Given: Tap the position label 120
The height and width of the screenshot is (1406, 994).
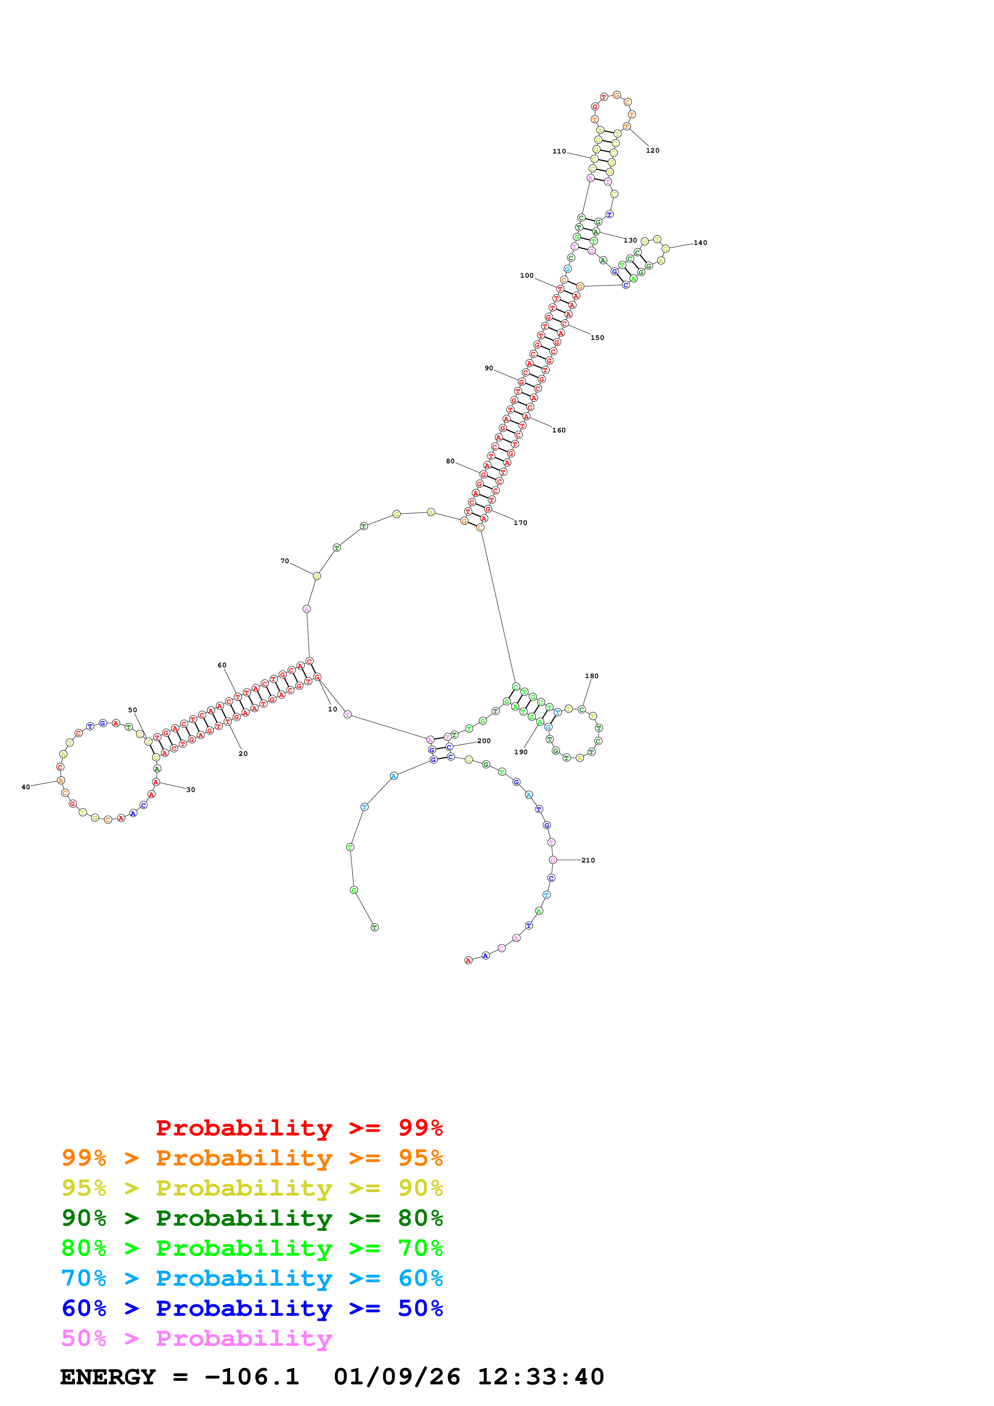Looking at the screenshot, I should (x=652, y=151).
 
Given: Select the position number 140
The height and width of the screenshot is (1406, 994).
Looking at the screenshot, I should (x=700, y=243).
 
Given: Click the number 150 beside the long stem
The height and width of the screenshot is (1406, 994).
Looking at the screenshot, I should (x=597, y=338).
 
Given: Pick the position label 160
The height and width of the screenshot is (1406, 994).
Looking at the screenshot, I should (x=559, y=430).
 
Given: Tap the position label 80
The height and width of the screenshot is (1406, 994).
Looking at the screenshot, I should (x=450, y=461).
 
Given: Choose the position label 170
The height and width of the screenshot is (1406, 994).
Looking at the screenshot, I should (x=520, y=523).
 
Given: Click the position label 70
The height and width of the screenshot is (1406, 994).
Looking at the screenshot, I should (x=285, y=561).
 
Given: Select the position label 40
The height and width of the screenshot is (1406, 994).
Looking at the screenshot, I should (x=26, y=787).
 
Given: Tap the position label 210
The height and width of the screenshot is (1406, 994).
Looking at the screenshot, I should (x=588, y=861).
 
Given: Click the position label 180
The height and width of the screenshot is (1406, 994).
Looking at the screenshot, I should (x=591, y=676).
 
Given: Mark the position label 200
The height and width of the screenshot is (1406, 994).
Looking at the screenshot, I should (x=484, y=741).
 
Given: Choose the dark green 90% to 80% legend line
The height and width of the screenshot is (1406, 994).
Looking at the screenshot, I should (x=252, y=1218).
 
